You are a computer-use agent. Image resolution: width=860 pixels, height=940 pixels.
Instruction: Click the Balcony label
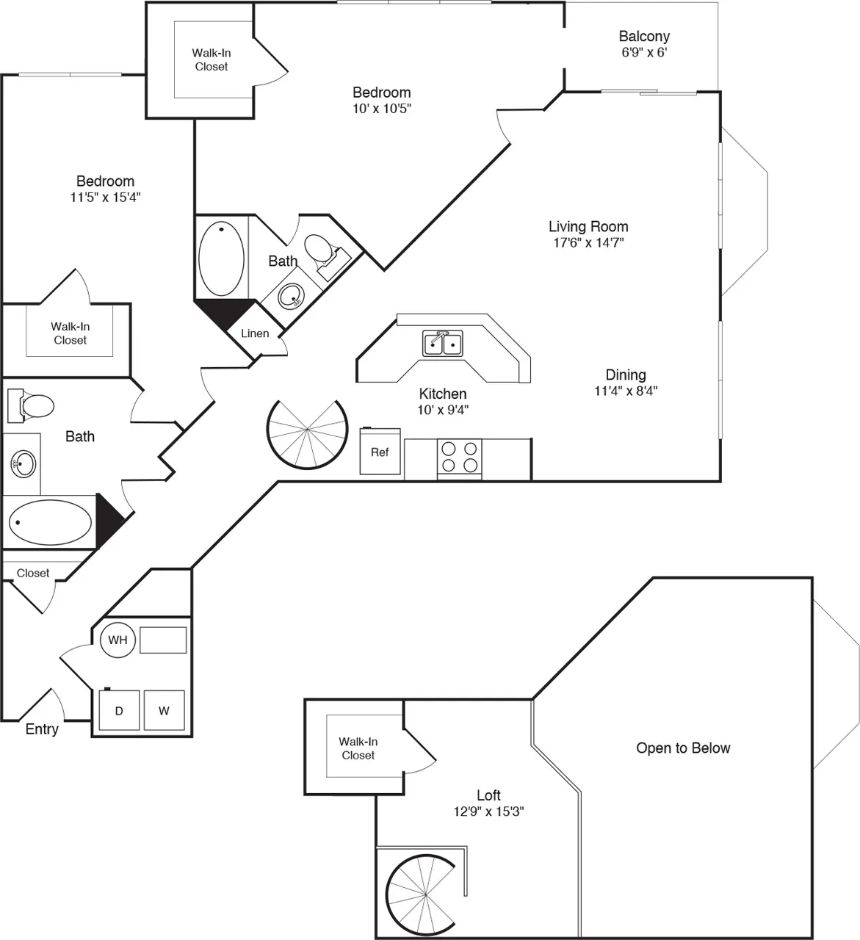click(x=644, y=36)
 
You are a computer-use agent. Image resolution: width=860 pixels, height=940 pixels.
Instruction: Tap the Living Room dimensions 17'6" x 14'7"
click(x=588, y=243)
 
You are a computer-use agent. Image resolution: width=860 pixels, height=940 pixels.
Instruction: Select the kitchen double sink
click(x=442, y=344)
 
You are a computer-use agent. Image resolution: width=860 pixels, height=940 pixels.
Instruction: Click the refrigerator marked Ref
click(x=380, y=452)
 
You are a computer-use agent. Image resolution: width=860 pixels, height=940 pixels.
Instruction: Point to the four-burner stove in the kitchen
click(x=460, y=457)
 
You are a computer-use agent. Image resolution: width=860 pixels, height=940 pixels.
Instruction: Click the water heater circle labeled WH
click(x=118, y=640)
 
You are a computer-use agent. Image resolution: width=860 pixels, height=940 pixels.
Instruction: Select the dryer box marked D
click(x=118, y=711)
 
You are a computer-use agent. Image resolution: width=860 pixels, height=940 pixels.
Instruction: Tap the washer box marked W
click(x=165, y=710)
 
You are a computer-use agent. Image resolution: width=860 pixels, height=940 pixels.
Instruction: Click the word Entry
click(x=42, y=729)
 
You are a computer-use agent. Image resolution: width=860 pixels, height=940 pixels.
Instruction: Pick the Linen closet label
click(x=255, y=333)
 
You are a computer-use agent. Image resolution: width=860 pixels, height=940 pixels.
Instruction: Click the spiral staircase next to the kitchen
click(x=306, y=435)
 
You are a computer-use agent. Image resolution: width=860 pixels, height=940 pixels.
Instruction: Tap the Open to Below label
click(x=683, y=748)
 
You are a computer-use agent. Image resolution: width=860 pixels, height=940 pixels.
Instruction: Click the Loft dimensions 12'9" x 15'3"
click(x=488, y=812)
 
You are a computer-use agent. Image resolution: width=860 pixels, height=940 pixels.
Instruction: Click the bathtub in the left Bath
click(x=50, y=522)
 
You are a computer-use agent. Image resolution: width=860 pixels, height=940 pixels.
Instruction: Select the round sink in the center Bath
click(x=292, y=298)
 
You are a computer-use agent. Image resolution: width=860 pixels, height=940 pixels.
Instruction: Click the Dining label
click(x=626, y=375)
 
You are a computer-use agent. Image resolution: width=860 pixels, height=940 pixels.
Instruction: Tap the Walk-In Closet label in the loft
click(x=358, y=748)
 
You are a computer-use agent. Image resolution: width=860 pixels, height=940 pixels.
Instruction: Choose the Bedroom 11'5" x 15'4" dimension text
click(x=105, y=198)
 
